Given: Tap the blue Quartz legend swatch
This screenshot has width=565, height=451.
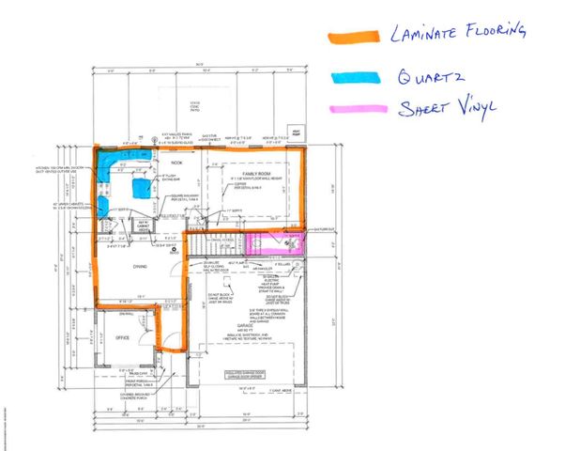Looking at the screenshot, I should [353, 75].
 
